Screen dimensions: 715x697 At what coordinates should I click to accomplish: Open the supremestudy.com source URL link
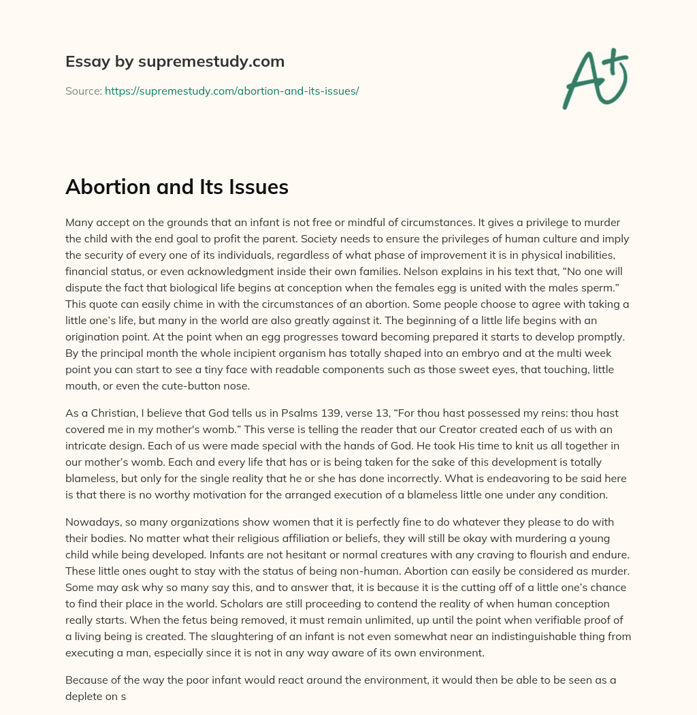tap(231, 91)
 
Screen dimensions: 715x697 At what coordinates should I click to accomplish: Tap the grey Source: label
tap(84, 91)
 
